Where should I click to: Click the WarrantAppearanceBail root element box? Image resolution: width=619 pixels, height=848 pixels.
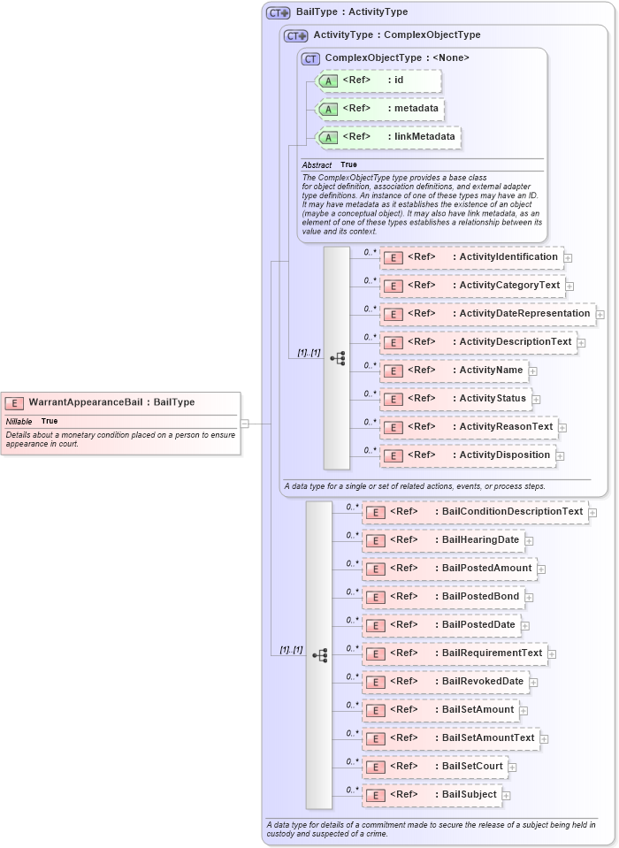pyautogui.click(x=119, y=402)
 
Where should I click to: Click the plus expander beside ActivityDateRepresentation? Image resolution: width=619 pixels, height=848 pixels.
pyautogui.click(x=600, y=314)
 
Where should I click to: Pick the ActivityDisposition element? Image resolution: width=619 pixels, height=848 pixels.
pyautogui.click(x=469, y=455)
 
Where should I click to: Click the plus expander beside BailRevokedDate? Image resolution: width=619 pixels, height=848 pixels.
pyautogui.click(x=533, y=682)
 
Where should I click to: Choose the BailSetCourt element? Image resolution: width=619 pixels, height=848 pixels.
pyautogui.click(x=436, y=767)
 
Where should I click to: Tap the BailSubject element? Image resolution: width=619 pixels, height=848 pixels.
pyautogui.click(x=432, y=795)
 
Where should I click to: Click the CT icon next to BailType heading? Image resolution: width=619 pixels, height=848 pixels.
pyautogui.click(x=279, y=13)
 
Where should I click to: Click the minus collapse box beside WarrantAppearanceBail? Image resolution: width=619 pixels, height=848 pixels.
pyautogui.click(x=245, y=424)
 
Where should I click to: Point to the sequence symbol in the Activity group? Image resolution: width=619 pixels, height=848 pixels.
pyautogui.click(x=337, y=358)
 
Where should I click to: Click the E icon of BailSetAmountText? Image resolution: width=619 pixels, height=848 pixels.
pyautogui.click(x=375, y=738)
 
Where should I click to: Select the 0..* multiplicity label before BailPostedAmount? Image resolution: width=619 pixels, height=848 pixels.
pyautogui.click(x=352, y=563)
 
